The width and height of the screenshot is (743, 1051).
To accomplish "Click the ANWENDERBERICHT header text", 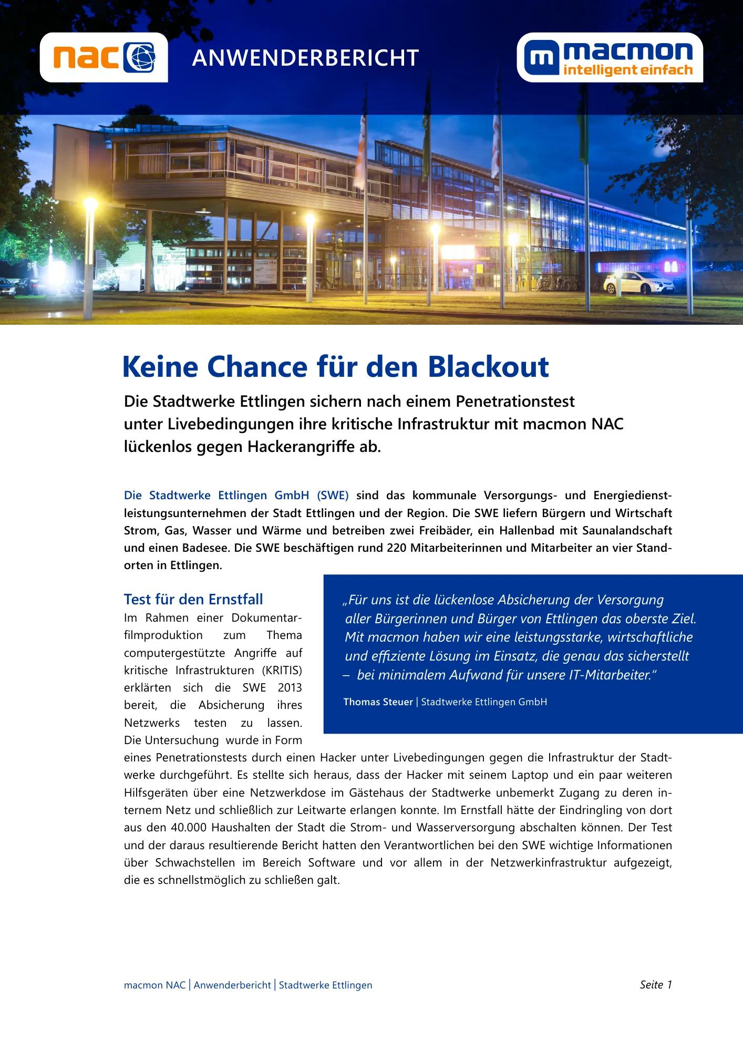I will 305,58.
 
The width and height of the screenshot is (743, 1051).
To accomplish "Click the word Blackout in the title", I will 488,367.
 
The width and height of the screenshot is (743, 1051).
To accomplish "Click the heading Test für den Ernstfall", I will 193,599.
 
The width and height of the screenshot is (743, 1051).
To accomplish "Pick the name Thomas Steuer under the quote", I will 378,702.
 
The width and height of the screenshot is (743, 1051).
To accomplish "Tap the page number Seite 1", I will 656,985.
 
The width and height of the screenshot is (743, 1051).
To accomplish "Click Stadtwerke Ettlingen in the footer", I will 325,985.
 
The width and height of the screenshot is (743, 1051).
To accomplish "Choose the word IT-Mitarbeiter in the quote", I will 613,675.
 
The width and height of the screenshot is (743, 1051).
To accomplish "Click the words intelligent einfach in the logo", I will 627,70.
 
